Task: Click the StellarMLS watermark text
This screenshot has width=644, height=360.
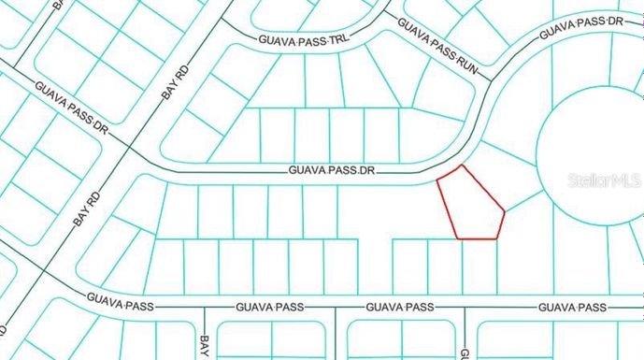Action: [x=604, y=180]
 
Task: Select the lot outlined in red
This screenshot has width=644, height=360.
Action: [x=472, y=206]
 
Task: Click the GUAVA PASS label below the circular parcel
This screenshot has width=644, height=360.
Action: [x=572, y=307]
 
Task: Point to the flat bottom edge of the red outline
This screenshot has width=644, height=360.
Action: [x=477, y=238]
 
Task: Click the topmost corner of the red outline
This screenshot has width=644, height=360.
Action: [x=462, y=166]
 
